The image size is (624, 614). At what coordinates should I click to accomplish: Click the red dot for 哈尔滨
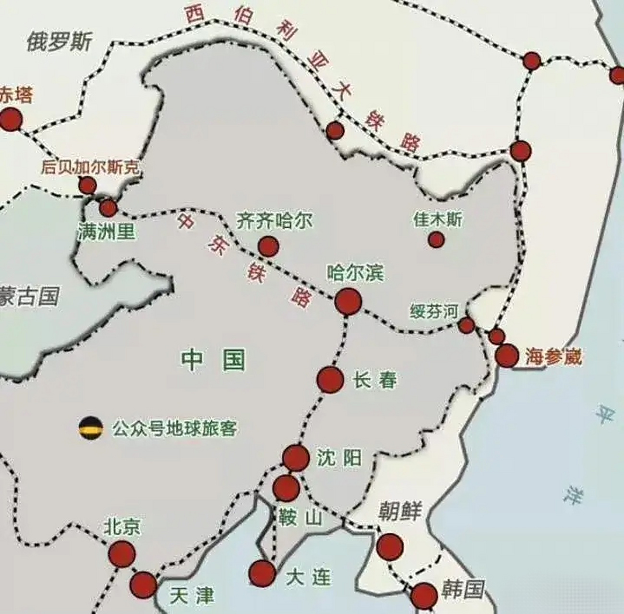(x=348, y=301)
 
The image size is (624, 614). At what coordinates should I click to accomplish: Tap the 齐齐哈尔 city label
(x=274, y=222)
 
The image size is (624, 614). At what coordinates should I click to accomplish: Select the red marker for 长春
(x=330, y=379)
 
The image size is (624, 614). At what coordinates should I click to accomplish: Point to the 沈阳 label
(x=339, y=459)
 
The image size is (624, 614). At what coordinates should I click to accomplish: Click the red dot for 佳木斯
(x=436, y=239)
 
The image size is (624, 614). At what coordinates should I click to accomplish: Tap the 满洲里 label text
(x=107, y=232)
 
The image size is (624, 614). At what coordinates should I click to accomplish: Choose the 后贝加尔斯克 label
(x=90, y=167)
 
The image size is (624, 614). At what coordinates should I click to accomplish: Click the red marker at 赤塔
(x=11, y=119)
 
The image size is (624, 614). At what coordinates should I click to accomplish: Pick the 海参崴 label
(x=553, y=357)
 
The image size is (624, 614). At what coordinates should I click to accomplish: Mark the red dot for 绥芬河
(x=466, y=325)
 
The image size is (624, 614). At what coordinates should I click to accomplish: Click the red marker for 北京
(x=121, y=554)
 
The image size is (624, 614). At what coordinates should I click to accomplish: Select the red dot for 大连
(x=262, y=573)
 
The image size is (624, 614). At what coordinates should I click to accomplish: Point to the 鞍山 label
(x=300, y=518)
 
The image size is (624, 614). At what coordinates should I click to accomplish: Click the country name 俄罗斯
(x=59, y=42)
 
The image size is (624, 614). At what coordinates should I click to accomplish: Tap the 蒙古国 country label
(x=29, y=296)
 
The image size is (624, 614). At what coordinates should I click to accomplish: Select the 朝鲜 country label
(x=399, y=511)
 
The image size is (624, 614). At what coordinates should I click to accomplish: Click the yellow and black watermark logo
(x=91, y=427)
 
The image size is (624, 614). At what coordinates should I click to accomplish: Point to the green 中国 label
(x=213, y=360)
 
